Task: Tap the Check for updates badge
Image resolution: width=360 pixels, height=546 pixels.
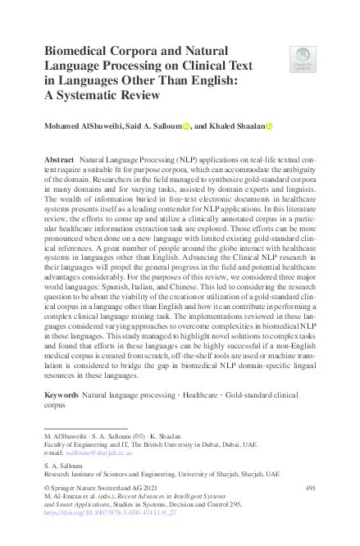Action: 303,58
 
